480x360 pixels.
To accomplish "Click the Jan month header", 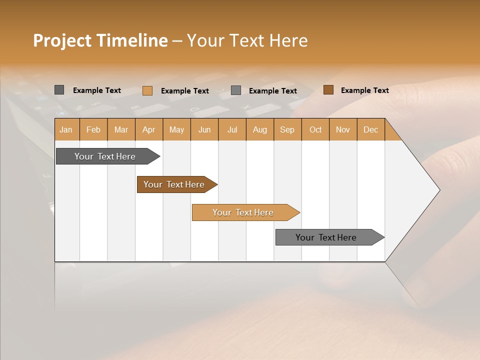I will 66,129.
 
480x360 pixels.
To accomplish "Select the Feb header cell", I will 93,129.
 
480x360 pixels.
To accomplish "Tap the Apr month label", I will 148,129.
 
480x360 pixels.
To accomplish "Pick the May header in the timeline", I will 176,129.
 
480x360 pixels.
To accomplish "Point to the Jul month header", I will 232,129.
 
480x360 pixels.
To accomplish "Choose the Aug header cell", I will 259,129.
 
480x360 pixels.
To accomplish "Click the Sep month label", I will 287,129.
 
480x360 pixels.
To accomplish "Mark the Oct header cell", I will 315,129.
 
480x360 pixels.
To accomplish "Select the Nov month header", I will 343,129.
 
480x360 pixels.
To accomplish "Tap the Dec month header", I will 370,129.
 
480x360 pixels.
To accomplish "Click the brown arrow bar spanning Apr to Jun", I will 175,184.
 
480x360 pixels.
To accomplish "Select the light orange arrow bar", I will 244,212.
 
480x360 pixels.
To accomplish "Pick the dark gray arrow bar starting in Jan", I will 106,156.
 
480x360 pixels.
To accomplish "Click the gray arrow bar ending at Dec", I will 327,237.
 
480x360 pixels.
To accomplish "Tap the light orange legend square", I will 147,90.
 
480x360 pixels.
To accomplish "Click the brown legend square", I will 328,90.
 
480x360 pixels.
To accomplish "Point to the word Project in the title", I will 62,40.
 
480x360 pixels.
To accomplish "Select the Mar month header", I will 121,129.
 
